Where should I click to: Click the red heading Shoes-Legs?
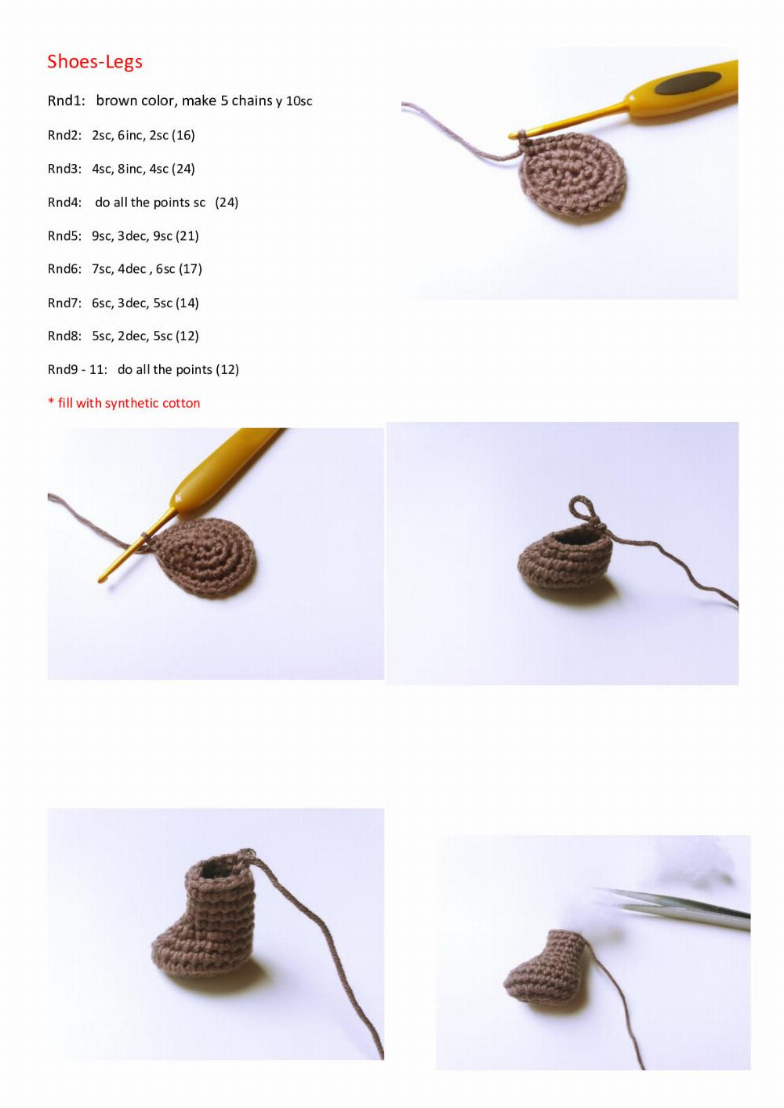click(95, 61)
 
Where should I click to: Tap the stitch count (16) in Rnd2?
click(183, 135)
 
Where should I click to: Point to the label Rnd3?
click(64, 169)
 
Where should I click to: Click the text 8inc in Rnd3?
click(131, 169)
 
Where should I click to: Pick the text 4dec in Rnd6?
click(132, 269)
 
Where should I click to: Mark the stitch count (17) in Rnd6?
click(191, 269)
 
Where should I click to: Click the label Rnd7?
click(64, 303)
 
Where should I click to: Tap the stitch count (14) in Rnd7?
click(187, 303)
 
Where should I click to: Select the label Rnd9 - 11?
click(77, 369)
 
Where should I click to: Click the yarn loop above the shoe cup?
click(581, 509)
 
